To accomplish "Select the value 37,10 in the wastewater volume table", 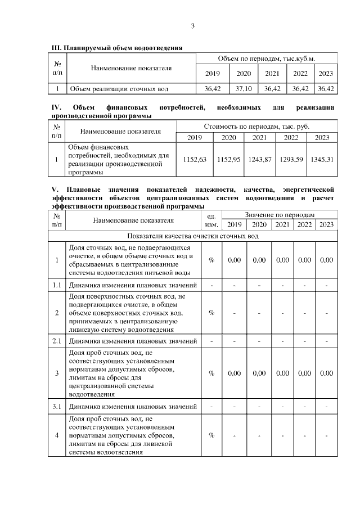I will [243, 88].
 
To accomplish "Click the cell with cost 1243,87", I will [259, 160].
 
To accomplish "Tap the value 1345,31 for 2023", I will [322, 160].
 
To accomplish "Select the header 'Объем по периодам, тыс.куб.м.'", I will [266, 58].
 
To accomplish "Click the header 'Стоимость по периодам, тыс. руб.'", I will [256, 127].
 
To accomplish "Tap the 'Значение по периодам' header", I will [280, 215].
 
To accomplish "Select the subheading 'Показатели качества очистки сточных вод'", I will [192, 236].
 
